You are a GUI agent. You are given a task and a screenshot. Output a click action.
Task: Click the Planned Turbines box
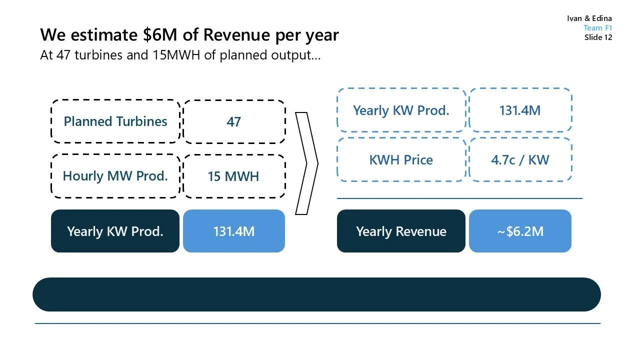pos(115,121)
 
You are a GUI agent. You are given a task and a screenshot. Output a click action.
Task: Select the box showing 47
pos(234,121)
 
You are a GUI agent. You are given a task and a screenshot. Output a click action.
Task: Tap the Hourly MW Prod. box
pos(115,176)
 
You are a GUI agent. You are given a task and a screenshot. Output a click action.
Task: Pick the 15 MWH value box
pos(234,176)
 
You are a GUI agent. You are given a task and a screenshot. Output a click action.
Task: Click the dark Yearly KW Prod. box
pos(115,231)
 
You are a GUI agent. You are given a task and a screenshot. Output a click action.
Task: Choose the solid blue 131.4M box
pos(234,231)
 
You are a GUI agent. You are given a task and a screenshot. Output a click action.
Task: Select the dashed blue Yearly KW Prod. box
pos(401,110)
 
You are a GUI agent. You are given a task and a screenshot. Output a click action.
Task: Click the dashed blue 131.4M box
pos(520,110)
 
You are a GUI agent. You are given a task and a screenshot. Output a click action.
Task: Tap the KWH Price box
pos(401,160)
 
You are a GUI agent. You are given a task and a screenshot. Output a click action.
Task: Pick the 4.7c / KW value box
pos(520,160)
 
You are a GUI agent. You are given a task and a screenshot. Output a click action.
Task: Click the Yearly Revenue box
pos(401,231)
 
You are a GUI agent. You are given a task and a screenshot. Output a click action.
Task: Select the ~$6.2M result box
pos(520,231)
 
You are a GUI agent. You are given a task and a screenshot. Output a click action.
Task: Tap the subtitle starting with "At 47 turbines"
pos(180,55)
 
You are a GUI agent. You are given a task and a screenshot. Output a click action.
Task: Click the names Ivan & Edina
pos(589,18)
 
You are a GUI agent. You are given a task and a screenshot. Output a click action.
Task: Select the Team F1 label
pos(597,28)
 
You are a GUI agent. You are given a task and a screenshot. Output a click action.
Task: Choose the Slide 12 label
pos(598,37)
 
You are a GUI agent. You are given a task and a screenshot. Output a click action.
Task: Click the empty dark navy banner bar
pos(316,294)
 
